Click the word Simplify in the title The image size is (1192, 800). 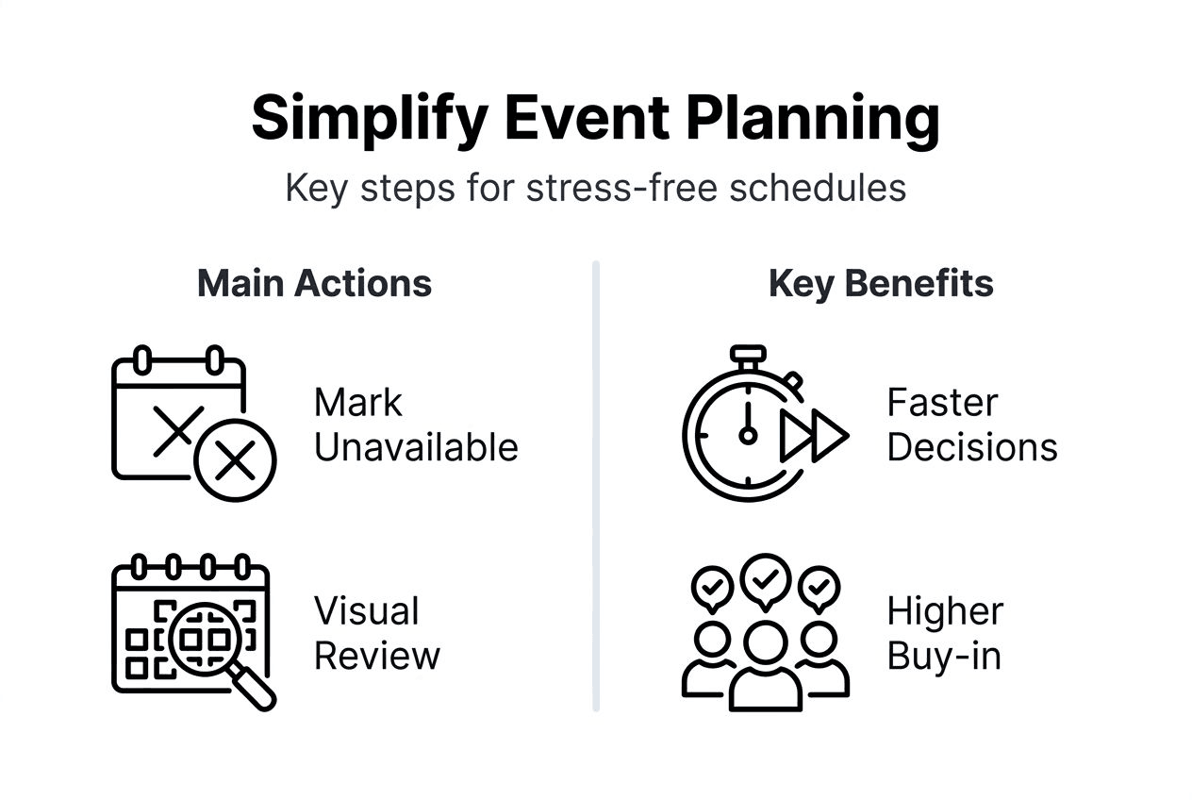(x=370, y=120)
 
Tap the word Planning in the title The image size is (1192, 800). (x=813, y=120)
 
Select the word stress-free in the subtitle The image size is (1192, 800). (x=621, y=188)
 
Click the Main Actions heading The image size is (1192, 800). (x=314, y=283)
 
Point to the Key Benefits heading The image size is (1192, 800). (x=881, y=284)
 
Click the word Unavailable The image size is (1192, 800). (x=416, y=447)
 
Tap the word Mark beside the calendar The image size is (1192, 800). (x=358, y=402)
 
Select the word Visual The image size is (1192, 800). (x=367, y=610)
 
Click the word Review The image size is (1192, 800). (x=377, y=656)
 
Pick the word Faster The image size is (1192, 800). (x=942, y=402)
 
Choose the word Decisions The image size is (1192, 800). (x=972, y=447)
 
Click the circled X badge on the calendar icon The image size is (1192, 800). (x=235, y=460)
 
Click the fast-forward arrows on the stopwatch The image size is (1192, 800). (x=814, y=436)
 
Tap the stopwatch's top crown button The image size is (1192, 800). (x=748, y=353)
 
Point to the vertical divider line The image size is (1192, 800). (x=596, y=486)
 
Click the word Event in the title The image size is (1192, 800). (x=587, y=118)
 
